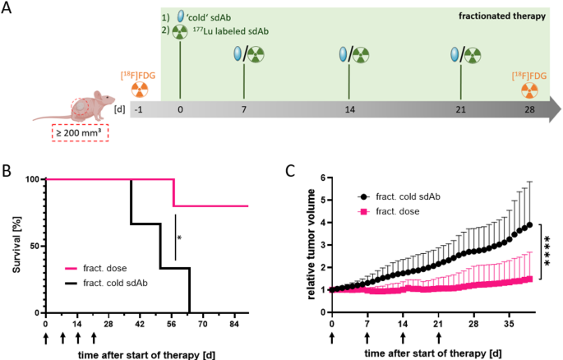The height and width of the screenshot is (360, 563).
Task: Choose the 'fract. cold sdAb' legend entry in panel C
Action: (403, 197)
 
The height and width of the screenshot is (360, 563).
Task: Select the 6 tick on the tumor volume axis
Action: (323, 178)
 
